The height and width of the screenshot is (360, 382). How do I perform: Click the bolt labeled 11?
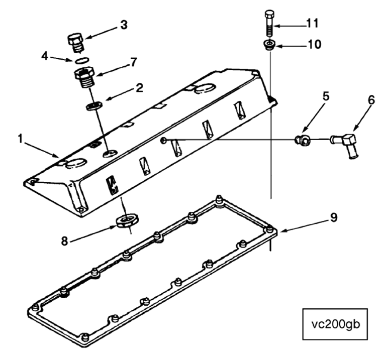(x=269, y=22)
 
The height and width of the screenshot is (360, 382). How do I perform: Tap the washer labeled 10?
(x=269, y=46)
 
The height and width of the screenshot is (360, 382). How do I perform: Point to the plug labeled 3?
(x=75, y=42)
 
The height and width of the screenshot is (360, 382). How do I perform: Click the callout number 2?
(x=138, y=89)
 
